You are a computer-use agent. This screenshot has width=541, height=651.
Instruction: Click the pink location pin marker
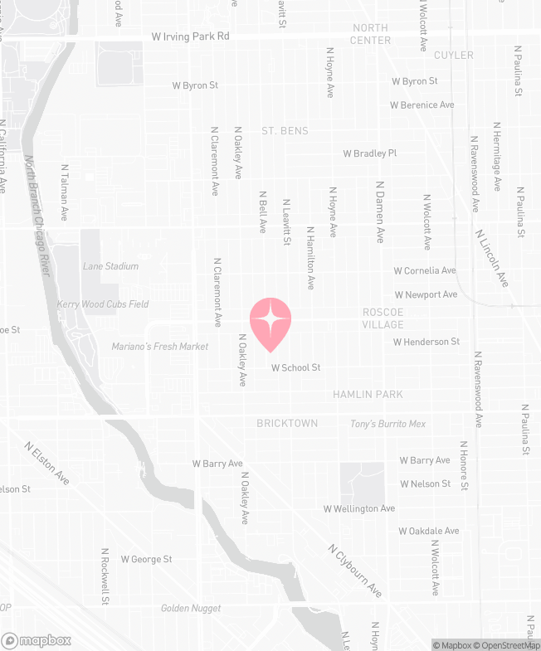(270, 323)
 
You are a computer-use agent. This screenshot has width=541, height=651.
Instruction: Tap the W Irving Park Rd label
(191, 37)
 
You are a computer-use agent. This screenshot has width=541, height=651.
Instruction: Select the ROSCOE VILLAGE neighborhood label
(383, 318)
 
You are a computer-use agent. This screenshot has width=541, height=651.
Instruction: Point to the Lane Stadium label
(110, 266)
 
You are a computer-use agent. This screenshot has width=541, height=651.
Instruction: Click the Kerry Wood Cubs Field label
(103, 304)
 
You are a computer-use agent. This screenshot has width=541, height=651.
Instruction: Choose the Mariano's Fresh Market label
(160, 347)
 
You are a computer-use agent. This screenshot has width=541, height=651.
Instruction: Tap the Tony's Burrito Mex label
(387, 424)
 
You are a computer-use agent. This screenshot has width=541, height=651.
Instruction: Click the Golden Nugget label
(191, 609)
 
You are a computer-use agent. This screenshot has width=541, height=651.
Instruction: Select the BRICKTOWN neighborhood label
(287, 423)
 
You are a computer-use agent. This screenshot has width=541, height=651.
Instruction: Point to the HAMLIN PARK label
(368, 395)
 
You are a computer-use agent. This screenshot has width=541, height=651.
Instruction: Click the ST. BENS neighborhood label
(285, 131)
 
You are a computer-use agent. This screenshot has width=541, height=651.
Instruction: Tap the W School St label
(295, 367)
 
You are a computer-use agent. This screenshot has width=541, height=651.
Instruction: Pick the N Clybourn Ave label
(355, 571)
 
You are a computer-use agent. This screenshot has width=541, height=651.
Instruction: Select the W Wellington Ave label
(359, 508)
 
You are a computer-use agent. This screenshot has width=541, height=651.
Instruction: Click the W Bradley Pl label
(370, 153)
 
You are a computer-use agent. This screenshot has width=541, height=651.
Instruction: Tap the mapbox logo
(37, 640)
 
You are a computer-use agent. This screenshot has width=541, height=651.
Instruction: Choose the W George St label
(147, 560)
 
